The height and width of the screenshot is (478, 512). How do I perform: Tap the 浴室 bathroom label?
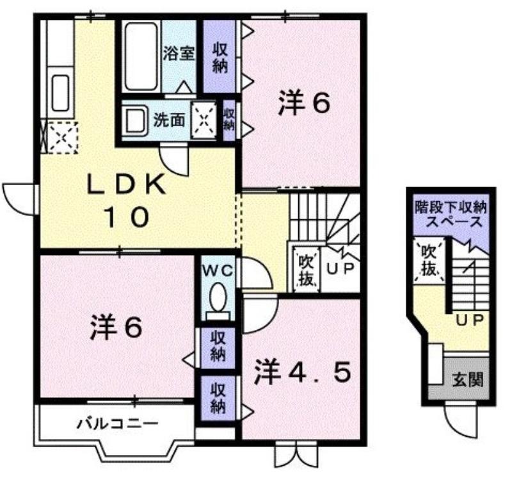click(x=179, y=54)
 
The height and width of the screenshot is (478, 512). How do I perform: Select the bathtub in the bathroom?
click(x=141, y=56)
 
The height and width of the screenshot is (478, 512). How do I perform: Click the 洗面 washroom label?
click(x=169, y=120)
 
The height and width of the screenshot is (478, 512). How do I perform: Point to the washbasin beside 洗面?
click(x=136, y=120)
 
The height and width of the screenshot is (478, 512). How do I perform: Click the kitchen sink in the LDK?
click(x=61, y=92)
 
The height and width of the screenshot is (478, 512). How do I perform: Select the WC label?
click(x=218, y=270)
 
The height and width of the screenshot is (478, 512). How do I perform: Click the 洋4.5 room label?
click(x=302, y=372)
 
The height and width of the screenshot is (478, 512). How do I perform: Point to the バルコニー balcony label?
click(x=118, y=424)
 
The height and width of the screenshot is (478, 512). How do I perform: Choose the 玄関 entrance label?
click(x=468, y=380)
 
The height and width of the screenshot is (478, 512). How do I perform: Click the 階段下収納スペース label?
click(x=451, y=215)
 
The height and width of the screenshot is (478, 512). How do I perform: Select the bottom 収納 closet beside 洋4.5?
click(x=218, y=398)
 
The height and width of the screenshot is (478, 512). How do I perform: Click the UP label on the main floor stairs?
click(x=340, y=268)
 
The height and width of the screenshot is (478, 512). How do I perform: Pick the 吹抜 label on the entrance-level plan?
click(x=429, y=260)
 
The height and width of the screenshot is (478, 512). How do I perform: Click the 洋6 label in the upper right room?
click(x=304, y=103)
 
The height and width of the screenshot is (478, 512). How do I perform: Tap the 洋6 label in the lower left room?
click(x=116, y=326)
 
